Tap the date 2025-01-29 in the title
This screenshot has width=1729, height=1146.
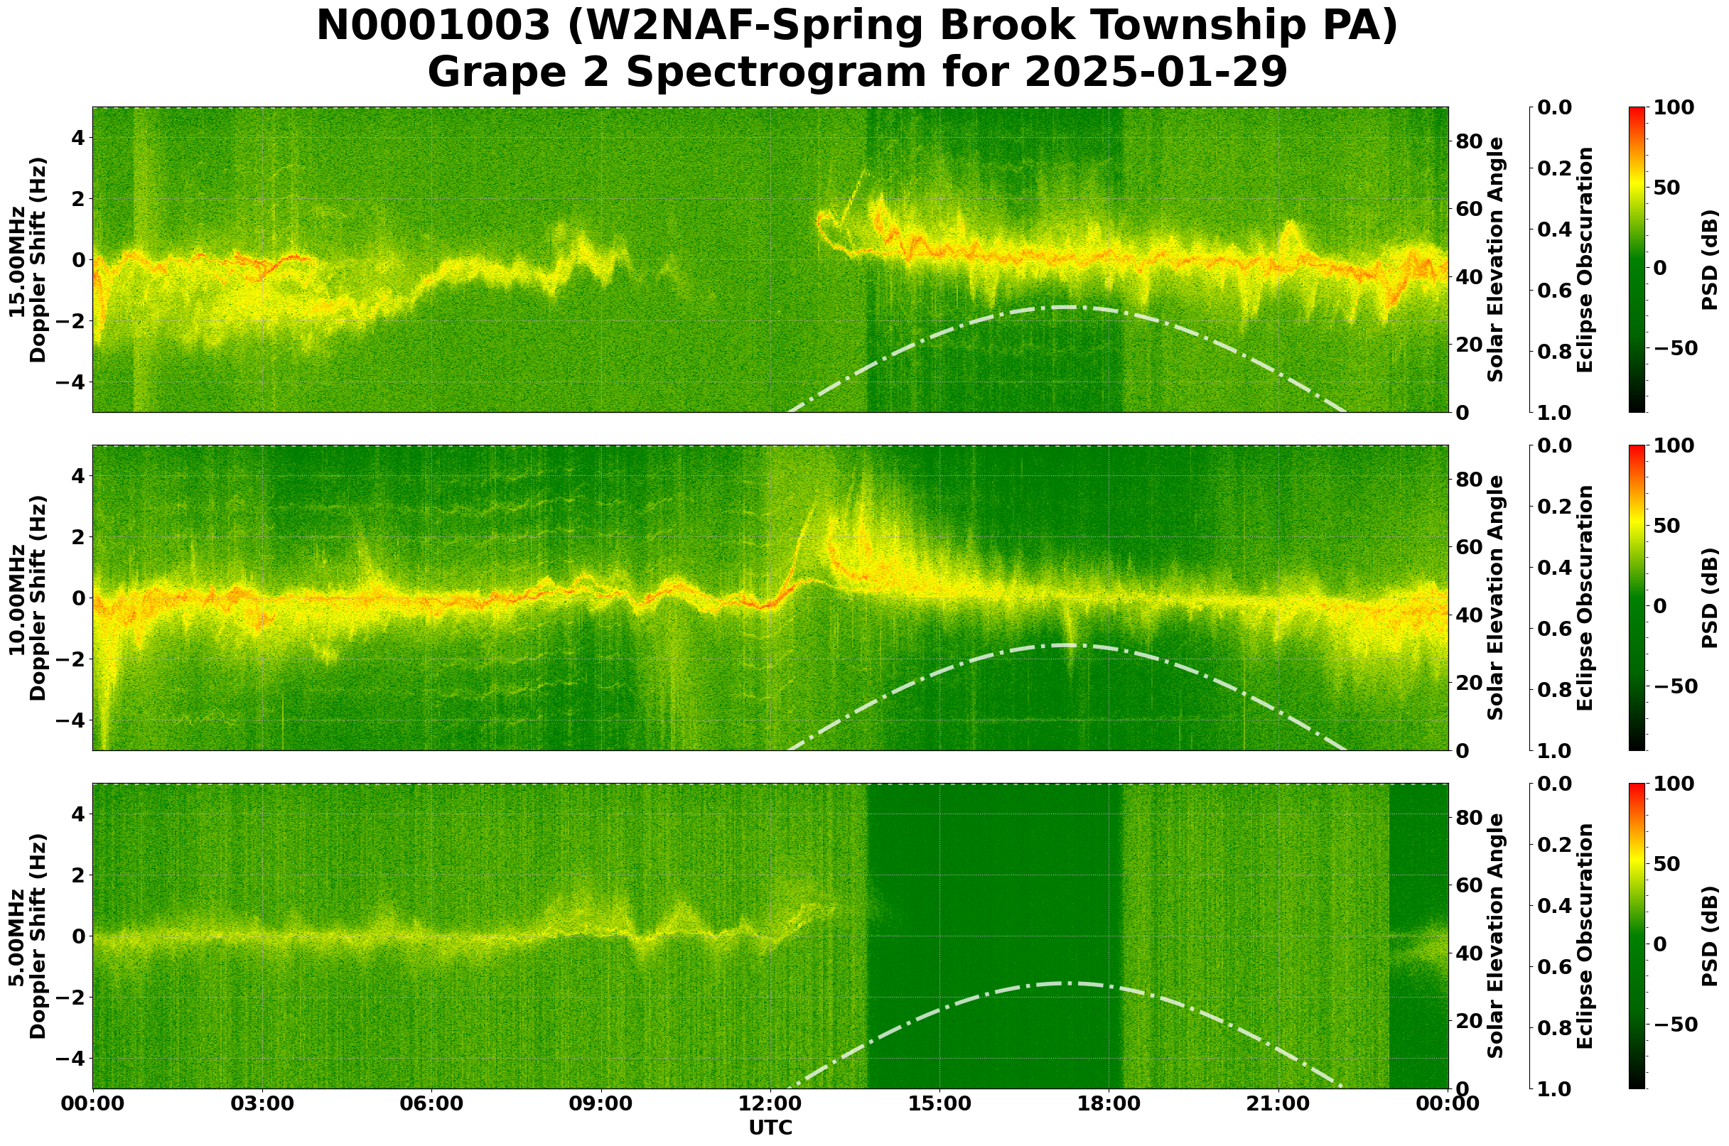(x=1156, y=73)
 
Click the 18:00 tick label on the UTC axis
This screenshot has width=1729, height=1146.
(x=1109, y=1104)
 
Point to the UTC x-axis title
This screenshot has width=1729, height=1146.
(x=770, y=1128)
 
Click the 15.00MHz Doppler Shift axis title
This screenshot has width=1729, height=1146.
(x=27, y=259)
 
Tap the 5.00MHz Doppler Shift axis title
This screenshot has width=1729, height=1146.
(x=27, y=936)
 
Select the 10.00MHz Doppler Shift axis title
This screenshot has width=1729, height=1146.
(x=27, y=598)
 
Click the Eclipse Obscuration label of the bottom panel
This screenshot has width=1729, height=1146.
(x=1584, y=936)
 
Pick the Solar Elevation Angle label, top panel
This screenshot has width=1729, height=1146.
(x=1496, y=259)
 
